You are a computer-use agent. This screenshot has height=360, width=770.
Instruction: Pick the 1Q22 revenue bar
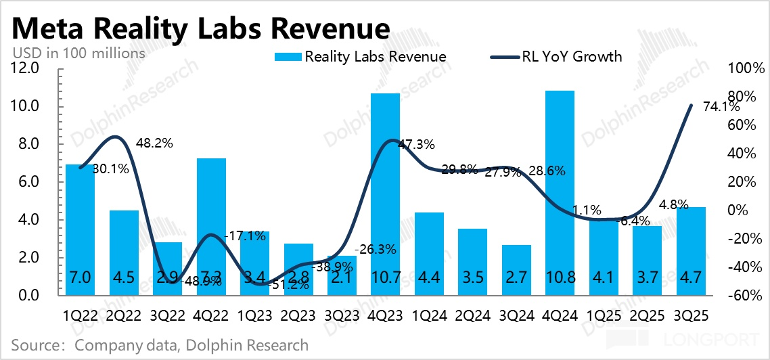click(80, 230)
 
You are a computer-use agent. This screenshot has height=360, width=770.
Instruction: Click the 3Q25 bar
click(692, 250)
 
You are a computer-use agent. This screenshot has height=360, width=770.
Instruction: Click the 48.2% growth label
click(155, 143)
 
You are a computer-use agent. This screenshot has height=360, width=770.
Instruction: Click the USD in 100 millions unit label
click(78, 52)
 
